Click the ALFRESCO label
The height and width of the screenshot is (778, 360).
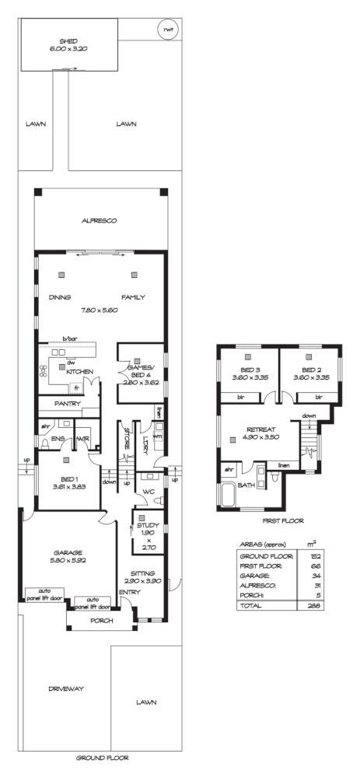coord(99,221)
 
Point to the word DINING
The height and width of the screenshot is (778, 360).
coord(60,297)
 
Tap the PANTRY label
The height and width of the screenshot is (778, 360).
coord(68,405)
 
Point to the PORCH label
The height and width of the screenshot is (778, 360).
coord(101,620)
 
